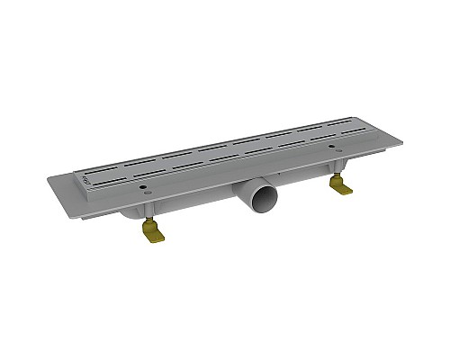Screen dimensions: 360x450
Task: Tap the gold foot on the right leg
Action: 341,186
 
